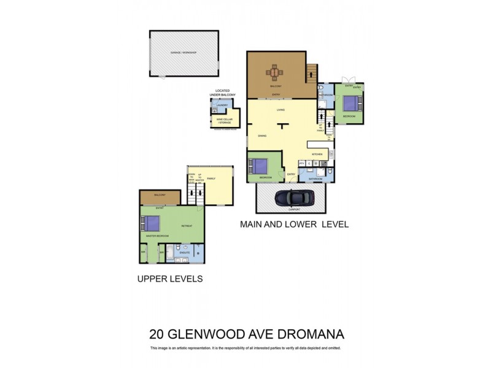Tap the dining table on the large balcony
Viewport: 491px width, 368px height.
[x=276, y=73]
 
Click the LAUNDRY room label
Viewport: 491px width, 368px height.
[x=222, y=105]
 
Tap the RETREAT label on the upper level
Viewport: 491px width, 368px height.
[x=187, y=226]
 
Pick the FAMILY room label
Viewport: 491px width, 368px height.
[x=211, y=178]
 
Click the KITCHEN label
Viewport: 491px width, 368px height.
[x=317, y=154]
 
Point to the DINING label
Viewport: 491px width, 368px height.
[x=262, y=136]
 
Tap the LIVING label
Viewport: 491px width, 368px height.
[x=280, y=110]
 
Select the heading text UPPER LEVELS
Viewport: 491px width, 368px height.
[x=169, y=279]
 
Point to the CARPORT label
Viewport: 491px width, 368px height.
[x=293, y=209]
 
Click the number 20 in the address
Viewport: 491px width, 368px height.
[x=157, y=334]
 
